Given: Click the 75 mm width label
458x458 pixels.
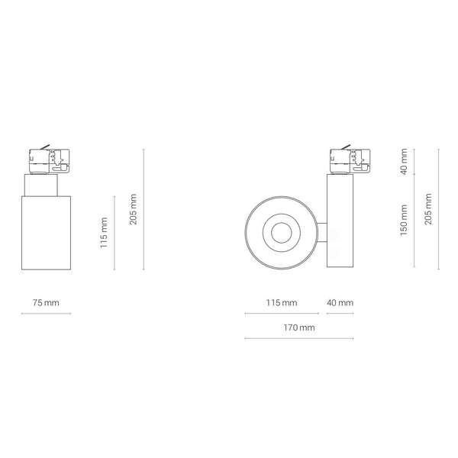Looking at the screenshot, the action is [x=46, y=303].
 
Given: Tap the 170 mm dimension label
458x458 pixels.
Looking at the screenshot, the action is [x=299, y=327].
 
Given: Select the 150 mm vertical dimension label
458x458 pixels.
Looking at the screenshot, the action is [x=403, y=221].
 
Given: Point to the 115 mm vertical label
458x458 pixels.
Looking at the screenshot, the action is [x=104, y=233].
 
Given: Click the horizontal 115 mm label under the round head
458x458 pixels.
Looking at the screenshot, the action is [x=282, y=303].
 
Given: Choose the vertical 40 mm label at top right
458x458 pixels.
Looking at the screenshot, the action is [x=403, y=162].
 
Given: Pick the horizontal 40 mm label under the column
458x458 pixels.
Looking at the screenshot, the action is [x=340, y=303].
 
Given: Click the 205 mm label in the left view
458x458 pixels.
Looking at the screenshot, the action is [x=133, y=209].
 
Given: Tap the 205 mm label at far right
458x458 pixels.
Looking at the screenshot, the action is [x=428, y=209].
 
